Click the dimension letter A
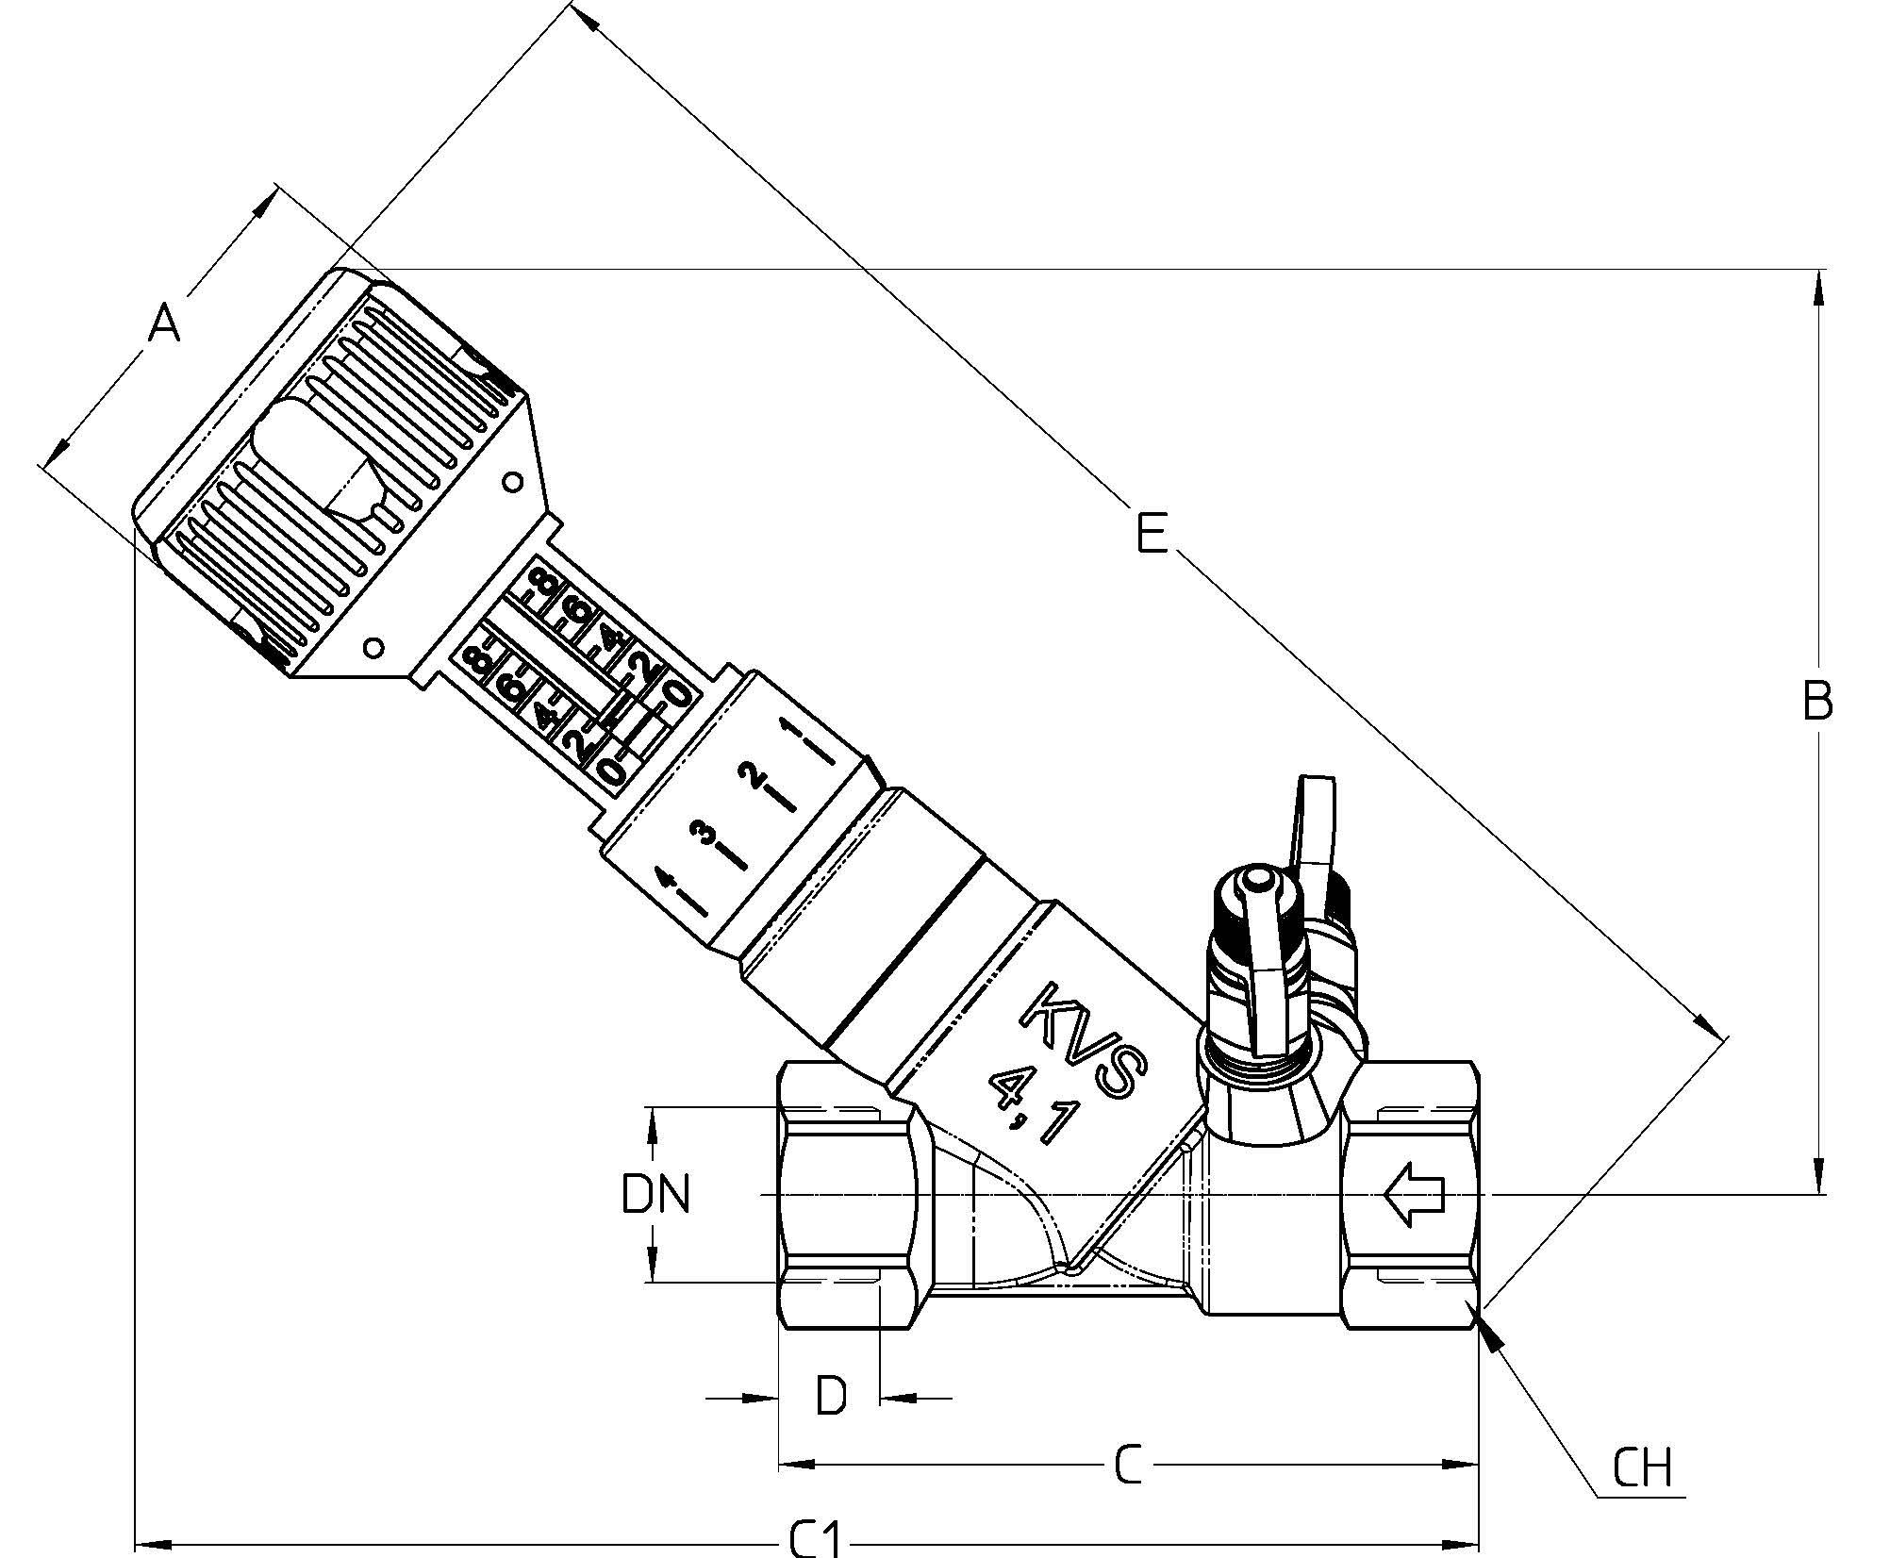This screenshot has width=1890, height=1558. (165, 323)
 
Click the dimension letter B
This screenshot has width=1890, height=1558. (1817, 701)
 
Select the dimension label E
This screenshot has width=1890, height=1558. (1152, 533)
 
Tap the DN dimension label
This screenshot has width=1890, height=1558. (656, 1193)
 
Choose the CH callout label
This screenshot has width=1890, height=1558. (1642, 1467)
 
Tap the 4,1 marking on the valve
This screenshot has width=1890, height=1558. (1032, 1108)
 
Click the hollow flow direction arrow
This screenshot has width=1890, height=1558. (1413, 1194)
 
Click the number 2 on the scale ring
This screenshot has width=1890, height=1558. (754, 776)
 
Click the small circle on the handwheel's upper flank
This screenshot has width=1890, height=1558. (512, 483)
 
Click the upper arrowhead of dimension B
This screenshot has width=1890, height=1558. (1818, 288)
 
